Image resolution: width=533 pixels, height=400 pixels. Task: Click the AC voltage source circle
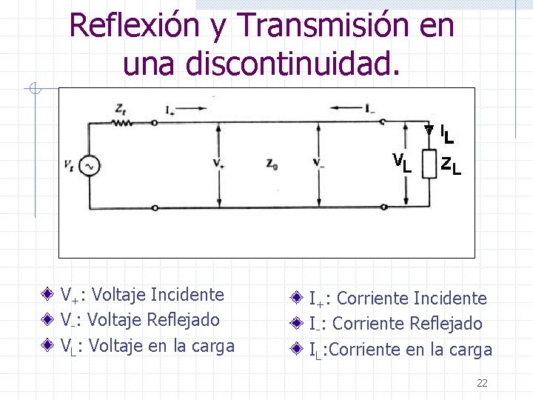click(x=90, y=165)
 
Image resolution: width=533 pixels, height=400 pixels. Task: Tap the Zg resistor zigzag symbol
click(x=121, y=123)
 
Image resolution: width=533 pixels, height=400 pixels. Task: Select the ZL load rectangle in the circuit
click(x=428, y=164)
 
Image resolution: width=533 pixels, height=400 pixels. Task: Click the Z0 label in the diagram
click(x=272, y=164)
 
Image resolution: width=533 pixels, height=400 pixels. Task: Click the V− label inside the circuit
click(x=318, y=163)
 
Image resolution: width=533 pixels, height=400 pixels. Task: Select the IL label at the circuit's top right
click(x=446, y=134)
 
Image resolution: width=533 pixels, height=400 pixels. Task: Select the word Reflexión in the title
click(x=135, y=27)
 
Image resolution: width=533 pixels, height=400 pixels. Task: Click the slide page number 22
click(x=482, y=383)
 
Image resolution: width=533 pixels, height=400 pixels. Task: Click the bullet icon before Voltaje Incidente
click(x=48, y=295)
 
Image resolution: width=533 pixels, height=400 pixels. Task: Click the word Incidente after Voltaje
click(x=187, y=295)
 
